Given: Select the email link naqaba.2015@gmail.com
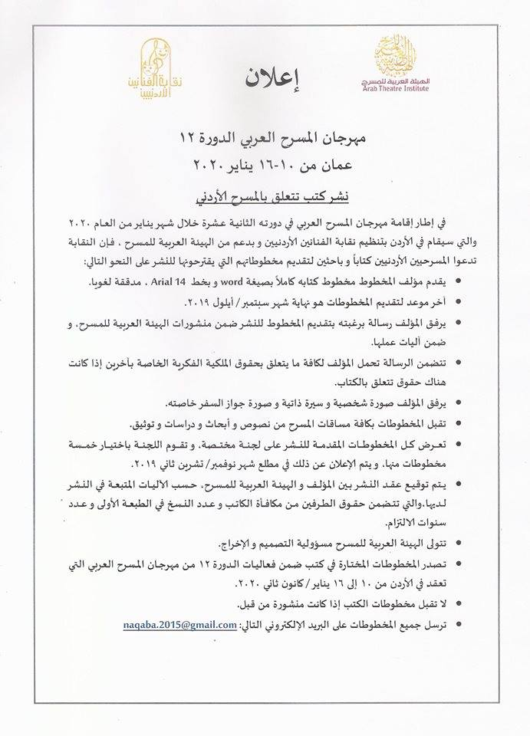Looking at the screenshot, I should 179,626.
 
